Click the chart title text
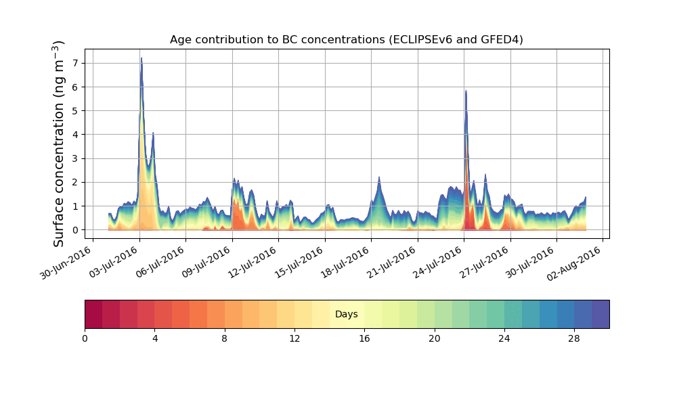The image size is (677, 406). (346, 40)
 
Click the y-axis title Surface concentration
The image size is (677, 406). (59, 143)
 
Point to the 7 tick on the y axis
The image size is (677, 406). (74, 63)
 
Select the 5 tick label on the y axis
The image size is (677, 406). (74, 111)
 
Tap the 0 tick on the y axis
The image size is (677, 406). (74, 230)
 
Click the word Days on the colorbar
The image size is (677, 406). (346, 315)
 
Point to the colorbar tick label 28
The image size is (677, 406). (574, 338)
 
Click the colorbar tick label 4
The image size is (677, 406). (155, 338)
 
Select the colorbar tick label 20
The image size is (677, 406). (434, 338)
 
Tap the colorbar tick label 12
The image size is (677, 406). (294, 338)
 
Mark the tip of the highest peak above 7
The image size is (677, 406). (141, 58)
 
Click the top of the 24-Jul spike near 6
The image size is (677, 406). (466, 91)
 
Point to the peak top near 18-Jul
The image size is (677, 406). (379, 177)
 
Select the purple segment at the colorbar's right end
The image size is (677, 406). (600, 314)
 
